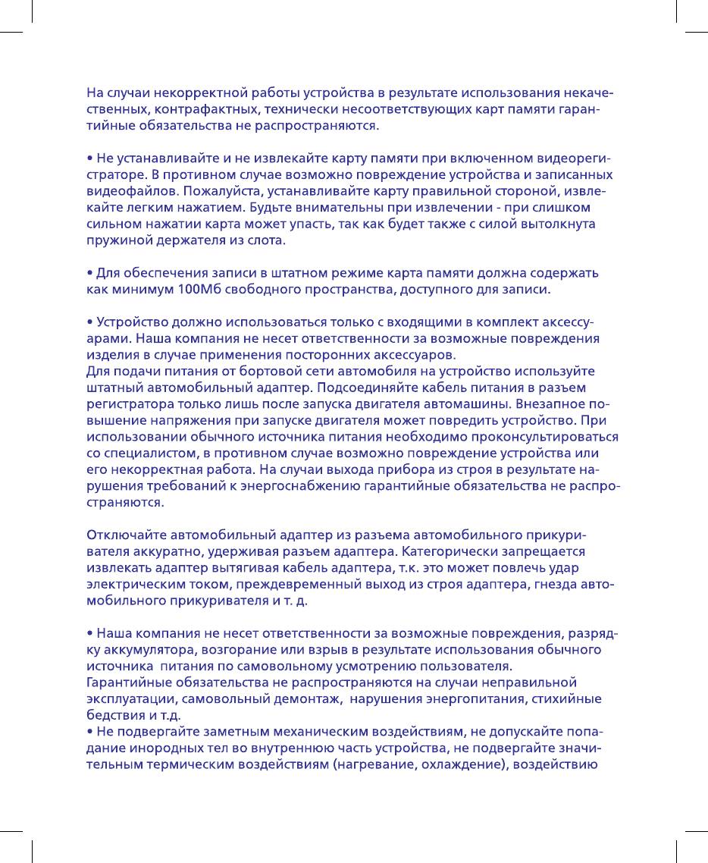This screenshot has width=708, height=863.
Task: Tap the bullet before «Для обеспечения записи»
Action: [89, 274]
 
